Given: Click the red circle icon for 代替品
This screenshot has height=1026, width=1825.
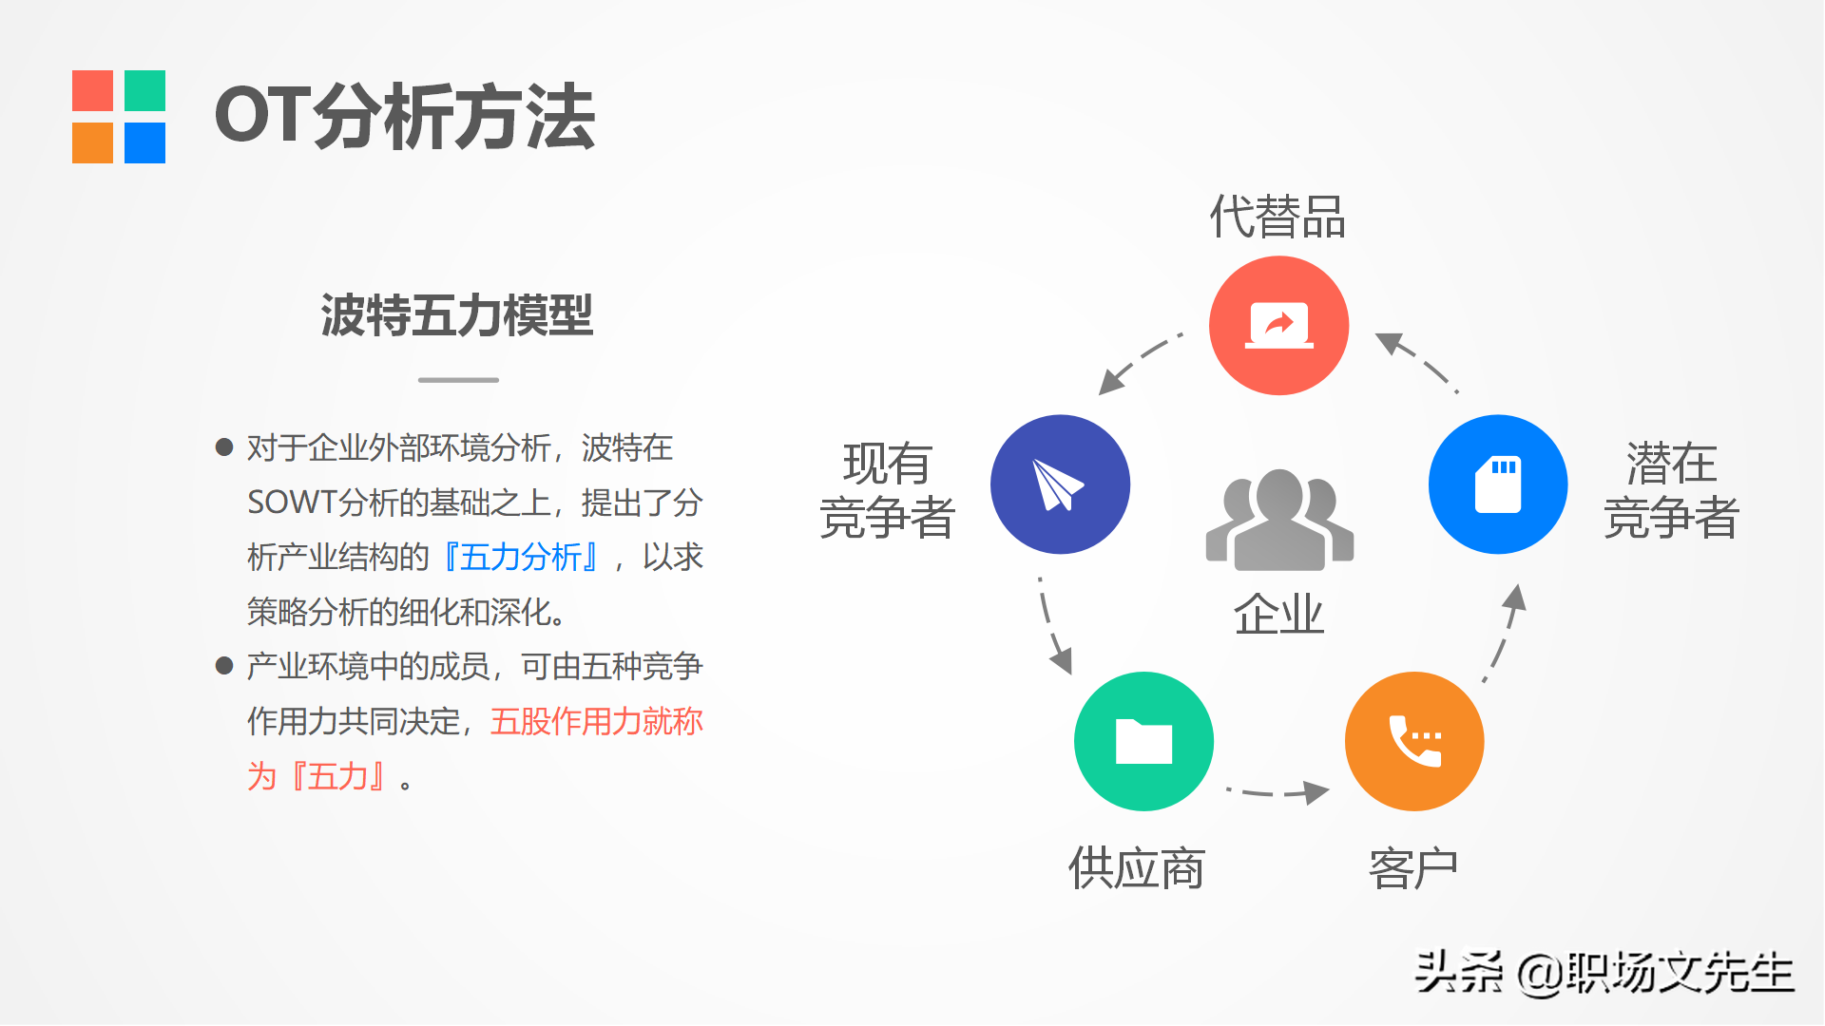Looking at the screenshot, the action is pyautogui.click(x=1278, y=326).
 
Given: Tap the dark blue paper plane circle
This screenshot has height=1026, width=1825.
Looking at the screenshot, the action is pyautogui.click(x=1060, y=484).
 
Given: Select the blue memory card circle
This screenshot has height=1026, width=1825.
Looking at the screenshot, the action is pyautogui.click(x=1498, y=484).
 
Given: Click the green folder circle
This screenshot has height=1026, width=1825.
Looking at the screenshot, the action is pyautogui.click(x=1143, y=741).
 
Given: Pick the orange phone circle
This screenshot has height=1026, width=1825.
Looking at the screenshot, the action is pyautogui.click(x=1414, y=741).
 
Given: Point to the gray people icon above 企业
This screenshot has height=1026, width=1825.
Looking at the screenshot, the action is pyautogui.click(x=1279, y=520).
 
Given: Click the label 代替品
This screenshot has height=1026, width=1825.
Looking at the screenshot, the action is pyautogui.click(x=1277, y=217).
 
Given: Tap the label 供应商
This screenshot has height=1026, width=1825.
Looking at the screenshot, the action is pyautogui.click(x=1137, y=868).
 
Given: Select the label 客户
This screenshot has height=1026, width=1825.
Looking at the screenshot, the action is pyautogui.click(x=1413, y=868).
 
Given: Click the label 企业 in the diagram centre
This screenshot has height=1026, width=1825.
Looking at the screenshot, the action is pyautogui.click(x=1278, y=614).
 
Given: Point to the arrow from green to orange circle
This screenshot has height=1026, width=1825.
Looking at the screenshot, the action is pyautogui.click(x=1277, y=791).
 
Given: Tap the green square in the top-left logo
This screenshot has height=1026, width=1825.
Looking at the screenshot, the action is pyautogui.click(x=144, y=90).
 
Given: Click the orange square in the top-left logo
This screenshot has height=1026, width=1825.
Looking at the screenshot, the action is pyautogui.click(x=92, y=142).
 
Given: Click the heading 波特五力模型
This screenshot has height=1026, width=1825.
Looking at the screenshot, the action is pyautogui.click(x=457, y=315).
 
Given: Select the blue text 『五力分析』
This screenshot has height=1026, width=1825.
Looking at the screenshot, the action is pyautogui.click(x=522, y=558).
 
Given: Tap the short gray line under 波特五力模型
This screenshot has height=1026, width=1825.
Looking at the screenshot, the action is pyautogui.click(x=458, y=380).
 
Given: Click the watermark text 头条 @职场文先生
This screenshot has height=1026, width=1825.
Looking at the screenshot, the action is pyautogui.click(x=1604, y=973).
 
